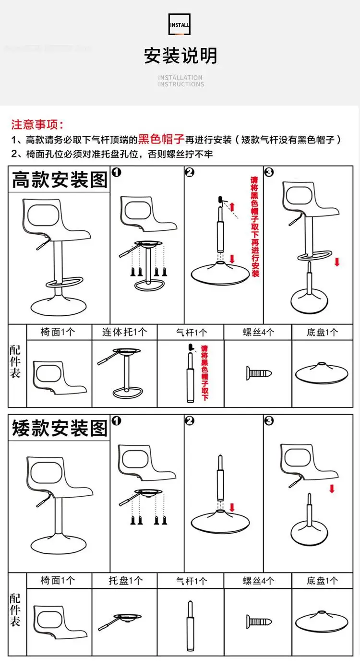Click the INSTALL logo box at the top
click(x=180, y=24)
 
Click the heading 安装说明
click(x=180, y=56)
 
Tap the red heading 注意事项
click(x=37, y=125)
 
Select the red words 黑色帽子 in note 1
click(x=161, y=140)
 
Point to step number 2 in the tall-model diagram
click(x=190, y=172)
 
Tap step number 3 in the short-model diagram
click(x=269, y=420)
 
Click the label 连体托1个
click(x=124, y=332)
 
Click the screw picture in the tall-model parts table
click(x=259, y=373)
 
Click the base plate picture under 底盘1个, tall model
click(x=322, y=373)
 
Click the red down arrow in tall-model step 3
click(x=336, y=262)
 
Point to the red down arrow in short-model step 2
click(x=233, y=507)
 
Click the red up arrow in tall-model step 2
click(x=232, y=207)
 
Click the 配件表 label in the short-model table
click(x=15, y=609)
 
